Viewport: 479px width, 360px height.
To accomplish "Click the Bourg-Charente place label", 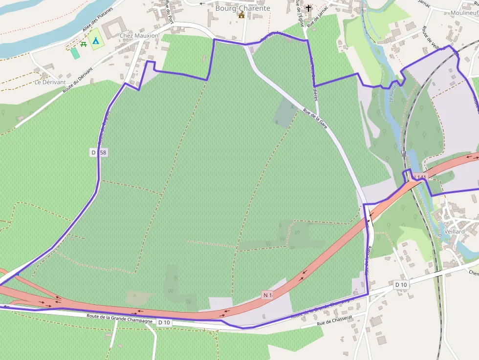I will [x=242, y=8].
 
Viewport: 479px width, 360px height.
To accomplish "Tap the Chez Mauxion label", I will [x=139, y=36].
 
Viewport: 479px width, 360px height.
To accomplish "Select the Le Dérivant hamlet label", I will [x=50, y=82].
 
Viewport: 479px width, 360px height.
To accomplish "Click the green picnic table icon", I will [x=84, y=44].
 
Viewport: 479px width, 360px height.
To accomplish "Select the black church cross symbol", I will [x=308, y=8].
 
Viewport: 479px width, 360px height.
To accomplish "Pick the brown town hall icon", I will [x=241, y=15].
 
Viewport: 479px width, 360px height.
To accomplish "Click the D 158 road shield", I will [x=99, y=152].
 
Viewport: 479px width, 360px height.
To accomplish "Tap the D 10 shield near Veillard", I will [x=401, y=284].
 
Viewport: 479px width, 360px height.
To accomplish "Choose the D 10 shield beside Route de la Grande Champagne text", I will [x=164, y=322].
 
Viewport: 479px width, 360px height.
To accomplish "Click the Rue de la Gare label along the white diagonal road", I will [x=315, y=118].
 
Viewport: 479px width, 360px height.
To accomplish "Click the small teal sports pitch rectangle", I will [x=75, y=53].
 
